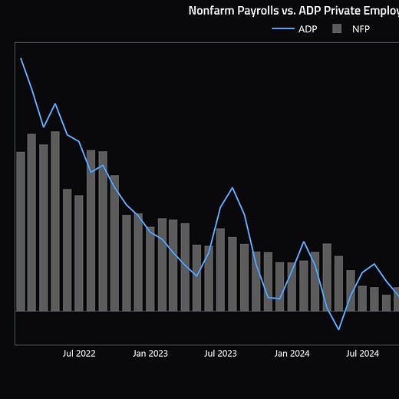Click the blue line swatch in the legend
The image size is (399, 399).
[x=283, y=28]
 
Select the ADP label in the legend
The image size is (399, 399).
[x=308, y=29]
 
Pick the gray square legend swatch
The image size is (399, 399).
[x=337, y=28]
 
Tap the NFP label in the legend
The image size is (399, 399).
[x=361, y=29]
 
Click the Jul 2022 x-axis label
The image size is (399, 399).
[x=79, y=354]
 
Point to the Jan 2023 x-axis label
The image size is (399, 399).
[x=150, y=354]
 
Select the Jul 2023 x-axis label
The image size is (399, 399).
[x=220, y=354]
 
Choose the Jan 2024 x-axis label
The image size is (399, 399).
[x=292, y=354]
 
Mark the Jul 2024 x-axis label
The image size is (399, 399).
[x=362, y=354]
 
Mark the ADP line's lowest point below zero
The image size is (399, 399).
[x=338, y=329]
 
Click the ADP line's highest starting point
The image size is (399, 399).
[x=21, y=58]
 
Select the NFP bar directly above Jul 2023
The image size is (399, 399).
[x=220, y=269]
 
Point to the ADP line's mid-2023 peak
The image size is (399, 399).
[x=232, y=188]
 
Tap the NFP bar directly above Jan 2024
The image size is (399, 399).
[x=292, y=287]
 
